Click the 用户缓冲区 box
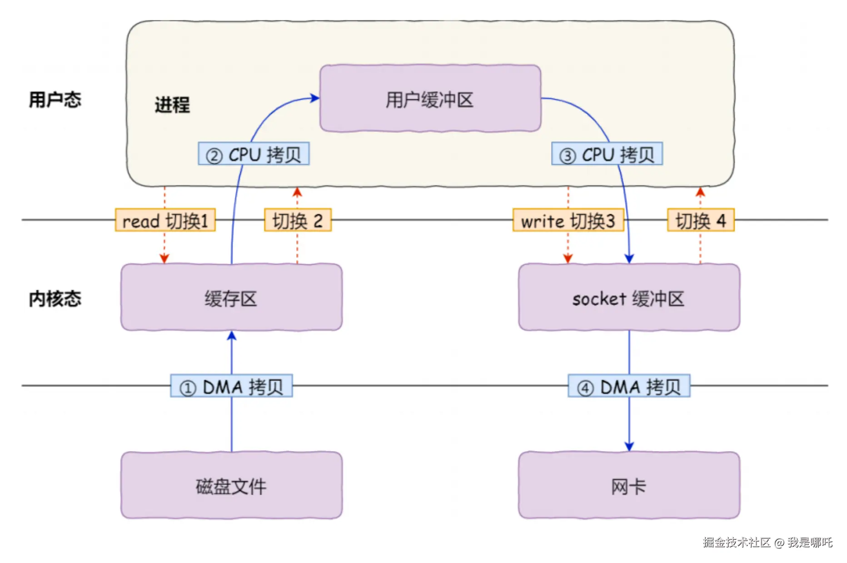coord(430,98)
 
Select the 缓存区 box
coord(231,297)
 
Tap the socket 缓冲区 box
coord(629,297)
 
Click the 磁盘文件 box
coord(231,485)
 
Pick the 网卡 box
coord(629,485)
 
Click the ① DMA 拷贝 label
coord(231,386)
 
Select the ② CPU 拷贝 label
coord(254,154)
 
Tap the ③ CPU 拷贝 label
coord(607,154)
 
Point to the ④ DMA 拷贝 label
coord(629,386)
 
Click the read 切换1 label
coord(165,220)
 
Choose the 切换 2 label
coord(298,220)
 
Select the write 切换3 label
coord(568,220)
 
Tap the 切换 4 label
coord(701,220)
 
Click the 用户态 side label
coord(55,99)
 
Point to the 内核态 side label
coord(55,299)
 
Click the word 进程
coord(172,105)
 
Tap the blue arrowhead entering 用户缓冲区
coord(314,98)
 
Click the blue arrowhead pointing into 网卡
coord(629,447)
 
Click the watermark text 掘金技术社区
coord(737,542)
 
